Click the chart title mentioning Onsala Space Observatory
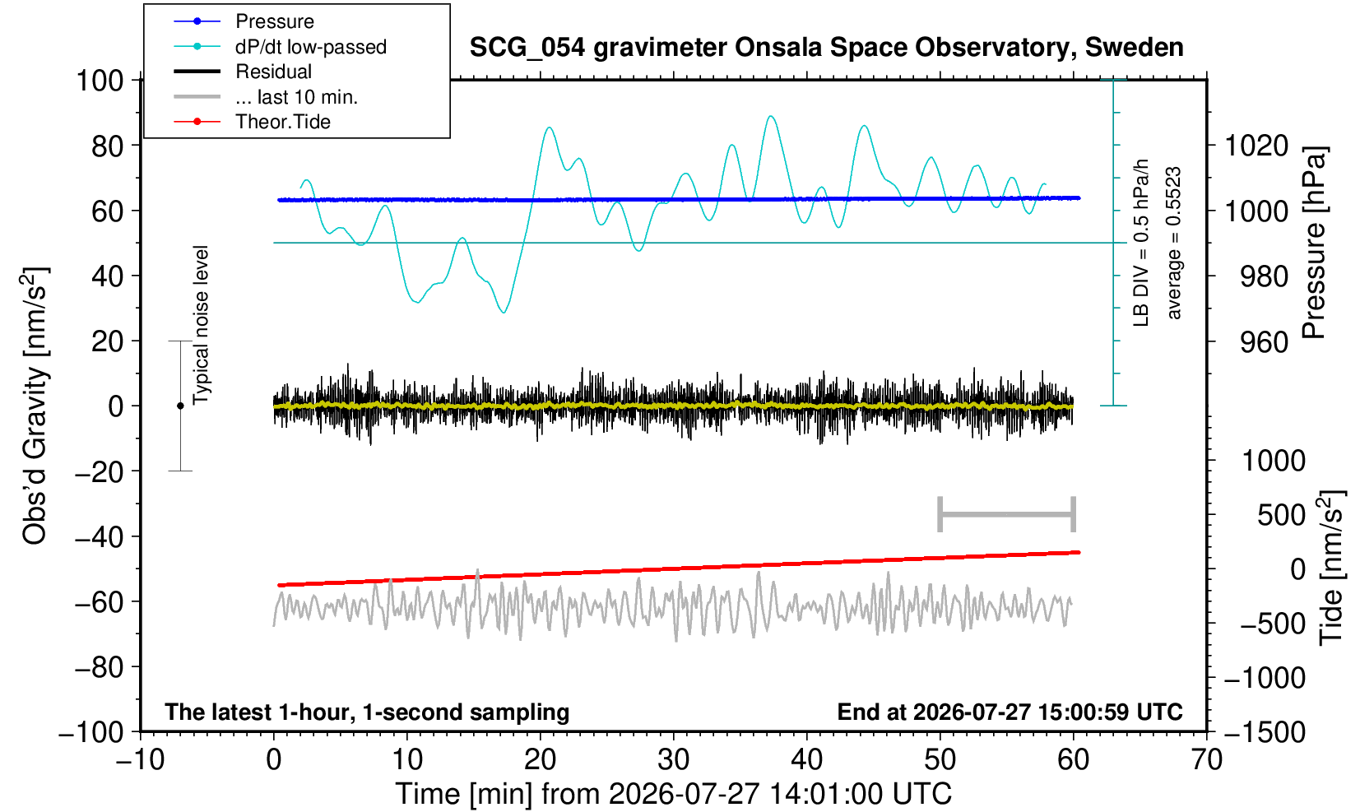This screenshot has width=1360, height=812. click(x=826, y=48)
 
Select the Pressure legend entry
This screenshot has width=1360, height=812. click(x=244, y=22)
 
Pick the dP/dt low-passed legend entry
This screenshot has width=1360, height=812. click(x=280, y=47)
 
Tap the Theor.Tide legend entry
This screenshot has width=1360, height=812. click(x=252, y=122)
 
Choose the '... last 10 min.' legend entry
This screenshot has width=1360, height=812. click(x=266, y=96)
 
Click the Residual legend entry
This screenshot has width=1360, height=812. click(x=243, y=72)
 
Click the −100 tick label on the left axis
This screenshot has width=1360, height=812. click(x=91, y=733)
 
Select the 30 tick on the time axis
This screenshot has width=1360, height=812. click(x=673, y=760)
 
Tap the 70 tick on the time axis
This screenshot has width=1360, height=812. click(x=1206, y=760)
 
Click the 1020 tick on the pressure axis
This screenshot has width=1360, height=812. click(x=1256, y=146)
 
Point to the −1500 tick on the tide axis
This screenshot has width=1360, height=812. click(x=1264, y=733)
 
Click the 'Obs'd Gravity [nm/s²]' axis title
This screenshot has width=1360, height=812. click(x=35, y=406)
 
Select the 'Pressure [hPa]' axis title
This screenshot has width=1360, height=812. click(x=1315, y=243)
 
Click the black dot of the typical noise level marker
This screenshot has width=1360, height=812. click(x=180, y=406)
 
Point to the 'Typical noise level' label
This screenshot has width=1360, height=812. click(x=201, y=326)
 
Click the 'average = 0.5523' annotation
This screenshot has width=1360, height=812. click(x=1174, y=243)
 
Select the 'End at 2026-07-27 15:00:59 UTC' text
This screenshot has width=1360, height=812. click(x=1010, y=712)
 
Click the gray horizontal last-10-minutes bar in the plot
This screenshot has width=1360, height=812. click(x=1007, y=514)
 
